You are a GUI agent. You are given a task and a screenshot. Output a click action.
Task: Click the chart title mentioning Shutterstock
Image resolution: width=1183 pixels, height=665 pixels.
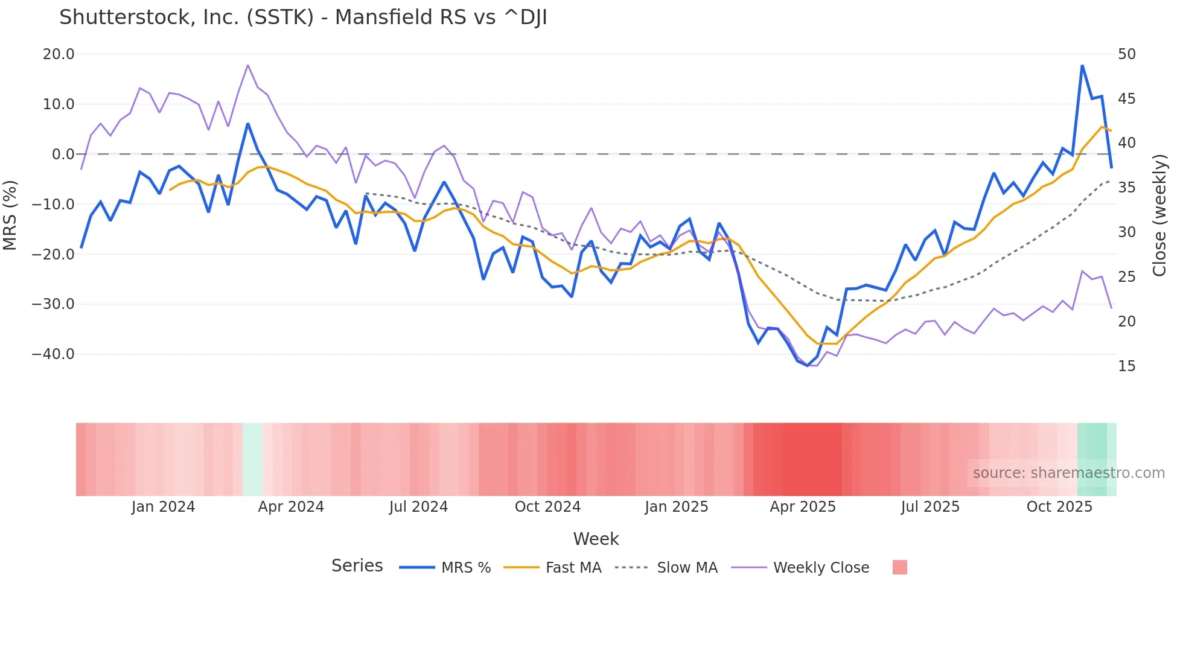pyautogui.click(x=303, y=17)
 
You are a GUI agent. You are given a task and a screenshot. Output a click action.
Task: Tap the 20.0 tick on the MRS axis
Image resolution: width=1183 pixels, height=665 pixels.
pyautogui.click(x=59, y=54)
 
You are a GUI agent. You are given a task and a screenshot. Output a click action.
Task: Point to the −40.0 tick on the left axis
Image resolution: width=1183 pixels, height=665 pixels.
pyautogui.click(x=53, y=354)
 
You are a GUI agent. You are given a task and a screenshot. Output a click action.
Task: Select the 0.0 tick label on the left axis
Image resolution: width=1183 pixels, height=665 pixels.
pyautogui.click(x=63, y=154)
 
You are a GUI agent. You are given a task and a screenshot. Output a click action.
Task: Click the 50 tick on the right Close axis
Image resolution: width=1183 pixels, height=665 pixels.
pyautogui.click(x=1126, y=54)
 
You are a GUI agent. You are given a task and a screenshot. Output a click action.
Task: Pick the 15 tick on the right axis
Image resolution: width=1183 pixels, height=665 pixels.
pyautogui.click(x=1126, y=366)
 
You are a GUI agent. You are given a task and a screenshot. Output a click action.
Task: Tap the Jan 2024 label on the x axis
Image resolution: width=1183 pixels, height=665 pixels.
pyautogui.click(x=163, y=507)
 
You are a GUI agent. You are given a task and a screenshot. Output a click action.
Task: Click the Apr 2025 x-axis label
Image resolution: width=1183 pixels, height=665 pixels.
pyautogui.click(x=802, y=507)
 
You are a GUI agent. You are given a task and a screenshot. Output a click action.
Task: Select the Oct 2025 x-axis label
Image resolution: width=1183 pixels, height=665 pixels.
pyautogui.click(x=1059, y=507)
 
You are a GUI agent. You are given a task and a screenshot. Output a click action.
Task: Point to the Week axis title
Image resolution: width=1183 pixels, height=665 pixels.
pyautogui.click(x=596, y=539)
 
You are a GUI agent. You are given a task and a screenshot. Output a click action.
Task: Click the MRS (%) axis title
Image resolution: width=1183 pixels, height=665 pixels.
pyautogui.click(x=10, y=215)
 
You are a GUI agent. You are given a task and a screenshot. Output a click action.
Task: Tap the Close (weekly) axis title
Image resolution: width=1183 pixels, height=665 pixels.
pyautogui.click(x=1159, y=215)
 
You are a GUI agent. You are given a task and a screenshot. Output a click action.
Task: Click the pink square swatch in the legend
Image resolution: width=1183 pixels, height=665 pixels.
pyautogui.click(x=899, y=567)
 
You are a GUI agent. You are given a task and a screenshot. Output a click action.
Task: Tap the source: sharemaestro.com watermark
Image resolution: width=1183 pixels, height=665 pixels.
pyautogui.click(x=1068, y=473)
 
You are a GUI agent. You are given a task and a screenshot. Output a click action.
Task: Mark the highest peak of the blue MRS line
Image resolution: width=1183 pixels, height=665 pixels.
pyautogui.click(x=1082, y=65)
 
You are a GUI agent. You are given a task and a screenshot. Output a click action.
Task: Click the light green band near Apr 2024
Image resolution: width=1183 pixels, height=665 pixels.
pyautogui.click(x=252, y=459)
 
